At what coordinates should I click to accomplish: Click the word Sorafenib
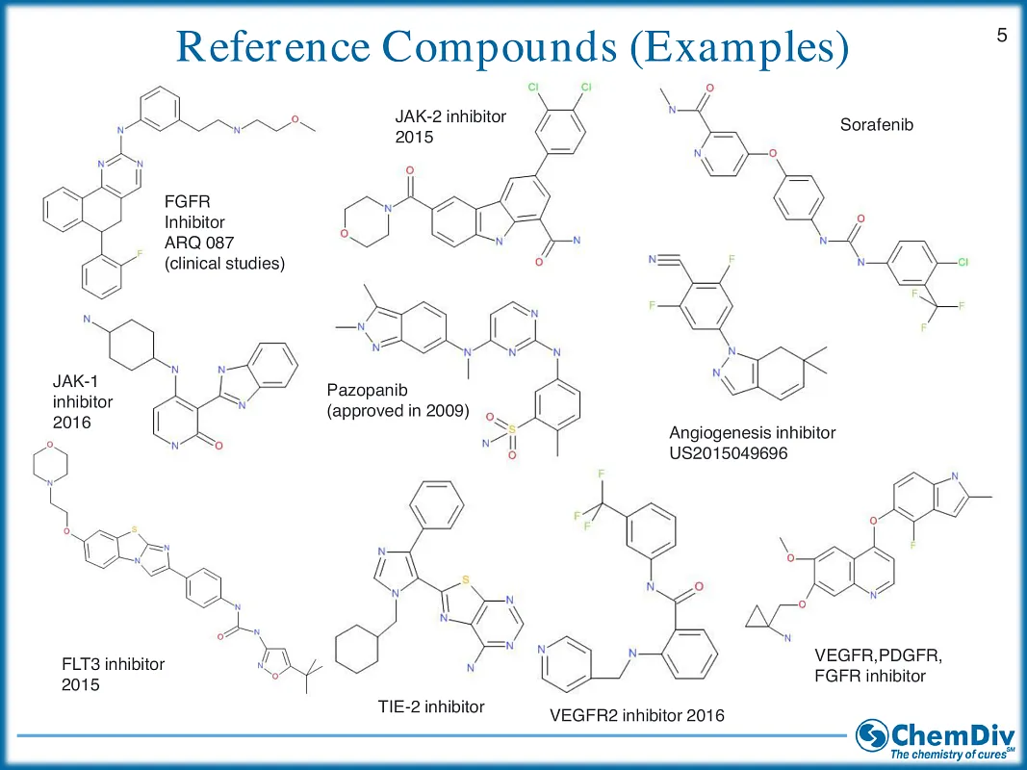pos(876,125)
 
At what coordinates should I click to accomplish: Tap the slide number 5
pos(1002,37)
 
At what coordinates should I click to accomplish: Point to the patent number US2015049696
pos(729,452)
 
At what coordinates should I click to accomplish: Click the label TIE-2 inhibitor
pos(430,706)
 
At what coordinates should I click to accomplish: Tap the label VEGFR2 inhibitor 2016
pos(636,715)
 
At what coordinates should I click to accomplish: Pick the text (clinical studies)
pos(225,263)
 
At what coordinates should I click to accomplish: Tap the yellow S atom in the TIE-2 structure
pos(466,580)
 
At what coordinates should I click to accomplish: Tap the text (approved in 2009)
pos(398,412)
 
